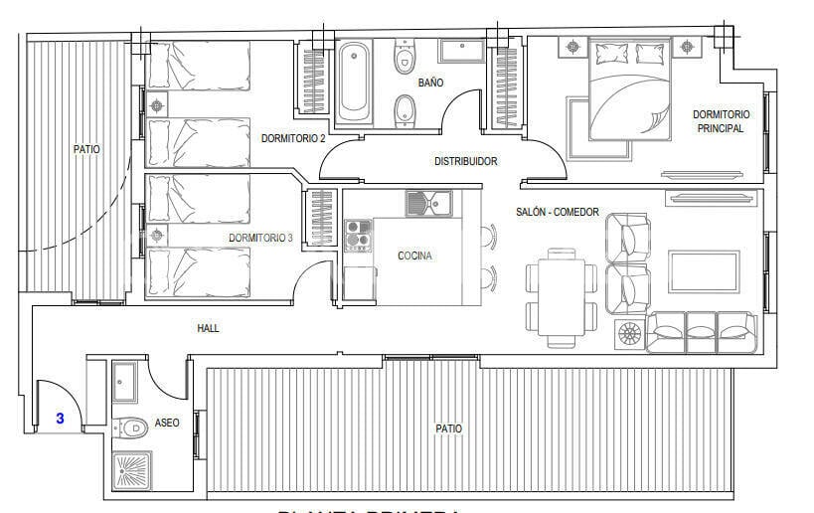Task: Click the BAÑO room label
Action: pyautogui.click(x=430, y=83)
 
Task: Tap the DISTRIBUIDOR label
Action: pyautogui.click(x=465, y=161)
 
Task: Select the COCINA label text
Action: pyautogui.click(x=414, y=256)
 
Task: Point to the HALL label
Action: pyautogui.click(x=208, y=328)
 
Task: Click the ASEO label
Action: pyautogui.click(x=167, y=424)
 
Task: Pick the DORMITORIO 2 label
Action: pyautogui.click(x=293, y=139)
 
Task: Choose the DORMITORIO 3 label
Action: pyautogui.click(x=260, y=239)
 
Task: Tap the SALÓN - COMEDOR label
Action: pyautogui.click(x=558, y=212)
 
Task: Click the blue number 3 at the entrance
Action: pyautogui.click(x=60, y=419)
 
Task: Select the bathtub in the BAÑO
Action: pyautogui.click(x=353, y=81)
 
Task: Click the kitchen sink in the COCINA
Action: pyautogui.click(x=428, y=204)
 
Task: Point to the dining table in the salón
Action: pyautogui.click(x=560, y=296)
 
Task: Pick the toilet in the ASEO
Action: pyautogui.click(x=130, y=427)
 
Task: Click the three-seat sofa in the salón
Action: pyautogui.click(x=701, y=331)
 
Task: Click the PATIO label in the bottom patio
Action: pyautogui.click(x=448, y=428)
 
